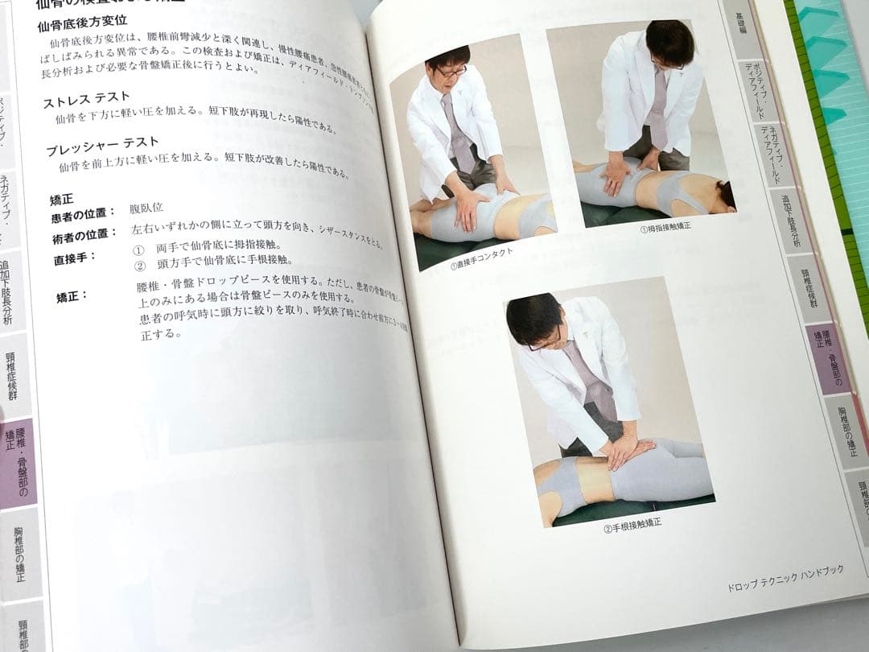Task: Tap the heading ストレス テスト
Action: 86,101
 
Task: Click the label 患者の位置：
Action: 83,213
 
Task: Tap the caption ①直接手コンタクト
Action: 482,258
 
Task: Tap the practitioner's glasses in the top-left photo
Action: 451,72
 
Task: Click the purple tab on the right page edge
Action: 826,358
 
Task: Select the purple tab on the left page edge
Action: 18,463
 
